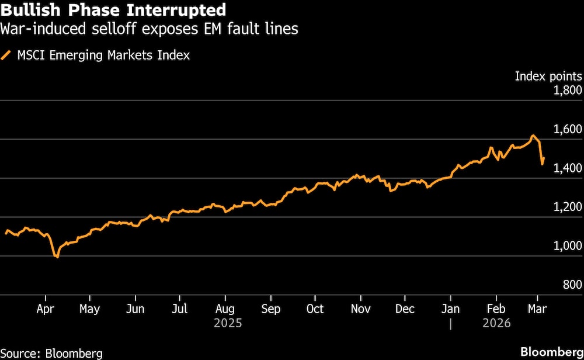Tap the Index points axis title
(548, 76)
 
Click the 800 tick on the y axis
(572, 285)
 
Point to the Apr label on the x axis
(45, 309)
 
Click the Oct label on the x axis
(315, 309)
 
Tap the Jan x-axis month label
(450, 309)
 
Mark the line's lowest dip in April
(57, 257)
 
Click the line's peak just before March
(532, 136)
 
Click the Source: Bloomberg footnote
(51, 354)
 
